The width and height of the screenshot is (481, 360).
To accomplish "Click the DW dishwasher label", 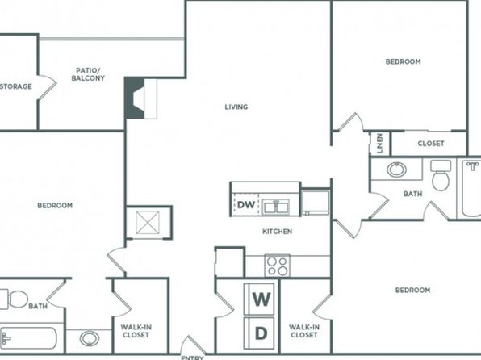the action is click(x=246, y=205).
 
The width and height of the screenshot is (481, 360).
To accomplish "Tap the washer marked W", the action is click(x=259, y=299).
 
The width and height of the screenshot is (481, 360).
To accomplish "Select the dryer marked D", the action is click(x=259, y=333).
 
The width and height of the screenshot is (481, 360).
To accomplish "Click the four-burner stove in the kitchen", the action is click(x=277, y=266).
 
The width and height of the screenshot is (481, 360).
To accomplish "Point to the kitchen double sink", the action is click(x=276, y=207).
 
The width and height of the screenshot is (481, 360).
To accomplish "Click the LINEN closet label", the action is click(x=380, y=144).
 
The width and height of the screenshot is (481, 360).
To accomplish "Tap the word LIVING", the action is click(x=236, y=107).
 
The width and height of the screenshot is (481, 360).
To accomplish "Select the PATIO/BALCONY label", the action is click(x=88, y=74).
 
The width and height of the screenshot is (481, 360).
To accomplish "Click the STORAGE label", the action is click(x=16, y=86).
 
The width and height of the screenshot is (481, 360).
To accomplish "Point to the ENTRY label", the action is click(x=192, y=358).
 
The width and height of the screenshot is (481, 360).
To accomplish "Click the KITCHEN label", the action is click(x=278, y=232).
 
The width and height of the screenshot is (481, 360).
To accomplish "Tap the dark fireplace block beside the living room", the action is click(x=134, y=98).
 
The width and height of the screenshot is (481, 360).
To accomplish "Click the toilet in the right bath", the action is click(x=441, y=175).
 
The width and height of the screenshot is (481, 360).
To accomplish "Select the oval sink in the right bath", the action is click(x=396, y=170).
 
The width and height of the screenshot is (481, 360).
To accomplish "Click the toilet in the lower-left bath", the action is click(x=14, y=299).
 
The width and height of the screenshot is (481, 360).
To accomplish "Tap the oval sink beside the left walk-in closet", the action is click(x=90, y=338).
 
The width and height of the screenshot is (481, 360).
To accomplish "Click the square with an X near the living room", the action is click(x=148, y=223).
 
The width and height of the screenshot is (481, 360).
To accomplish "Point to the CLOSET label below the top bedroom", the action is click(x=431, y=144).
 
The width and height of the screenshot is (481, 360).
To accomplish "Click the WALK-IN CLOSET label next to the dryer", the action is click(x=304, y=331).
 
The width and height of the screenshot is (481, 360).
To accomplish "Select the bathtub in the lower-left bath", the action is click(x=28, y=339).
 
